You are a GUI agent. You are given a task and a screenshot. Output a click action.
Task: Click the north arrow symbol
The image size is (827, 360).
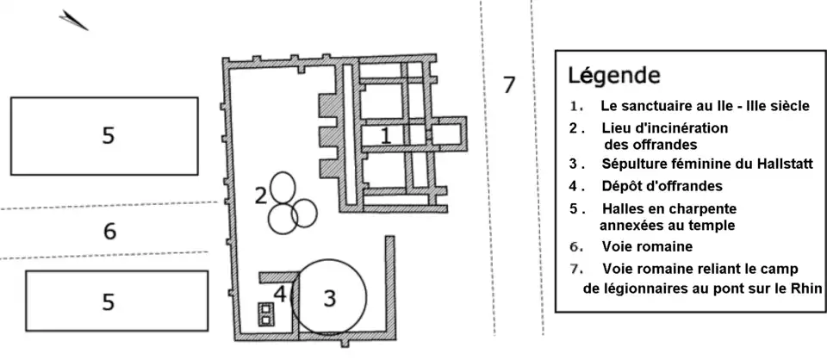click(74, 21)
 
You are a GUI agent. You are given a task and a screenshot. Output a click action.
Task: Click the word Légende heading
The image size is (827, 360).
click(613, 75)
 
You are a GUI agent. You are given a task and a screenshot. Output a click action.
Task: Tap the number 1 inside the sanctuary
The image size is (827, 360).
click(386, 135)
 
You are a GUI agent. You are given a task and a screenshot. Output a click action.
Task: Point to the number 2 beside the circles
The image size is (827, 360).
click(259, 196)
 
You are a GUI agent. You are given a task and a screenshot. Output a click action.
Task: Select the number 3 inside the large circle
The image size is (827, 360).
click(329, 299)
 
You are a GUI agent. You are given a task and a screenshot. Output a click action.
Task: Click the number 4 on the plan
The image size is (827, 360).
click(279, 294)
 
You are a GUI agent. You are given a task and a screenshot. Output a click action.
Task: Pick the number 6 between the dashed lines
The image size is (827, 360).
click(109, 231)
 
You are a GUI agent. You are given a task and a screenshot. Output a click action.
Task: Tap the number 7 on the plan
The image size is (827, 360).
click(508, 84)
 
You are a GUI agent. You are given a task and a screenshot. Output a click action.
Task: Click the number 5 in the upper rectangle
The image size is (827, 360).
click(108, 135)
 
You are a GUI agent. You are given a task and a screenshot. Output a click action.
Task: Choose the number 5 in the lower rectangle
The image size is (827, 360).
click(108, 301)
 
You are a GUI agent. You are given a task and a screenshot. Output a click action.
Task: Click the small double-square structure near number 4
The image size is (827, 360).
click(266, 314)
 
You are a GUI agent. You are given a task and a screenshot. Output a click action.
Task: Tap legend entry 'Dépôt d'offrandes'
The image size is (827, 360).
click(662, 186)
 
